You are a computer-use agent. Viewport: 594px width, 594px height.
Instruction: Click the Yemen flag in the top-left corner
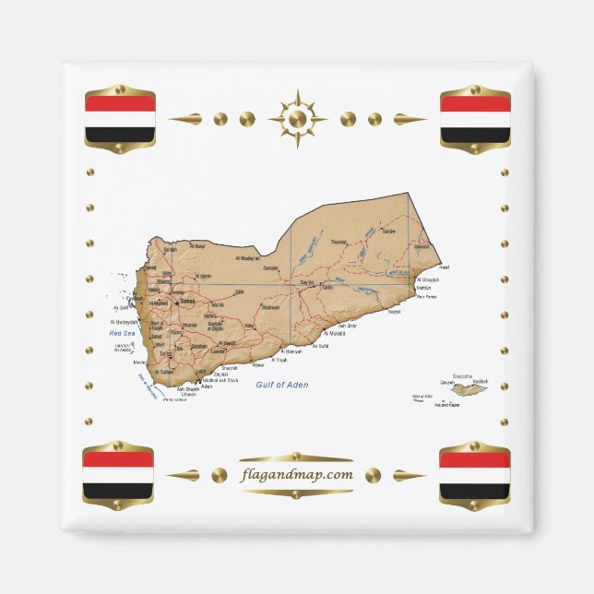[120, 119]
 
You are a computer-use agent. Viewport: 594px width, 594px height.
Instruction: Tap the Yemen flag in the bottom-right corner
[474, 475]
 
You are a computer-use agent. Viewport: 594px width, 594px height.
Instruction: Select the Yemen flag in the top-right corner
[474, 119]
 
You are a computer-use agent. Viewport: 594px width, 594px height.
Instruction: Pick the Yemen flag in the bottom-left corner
[118, 475]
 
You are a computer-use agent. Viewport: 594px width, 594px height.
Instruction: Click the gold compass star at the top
[297, 119]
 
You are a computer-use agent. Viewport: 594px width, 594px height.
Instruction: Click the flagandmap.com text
[296, 475]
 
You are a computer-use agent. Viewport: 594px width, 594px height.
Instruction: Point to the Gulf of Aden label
[282, 385]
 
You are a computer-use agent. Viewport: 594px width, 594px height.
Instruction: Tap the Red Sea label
[122, 333]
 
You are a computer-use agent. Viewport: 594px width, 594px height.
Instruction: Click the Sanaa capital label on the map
[186, 301]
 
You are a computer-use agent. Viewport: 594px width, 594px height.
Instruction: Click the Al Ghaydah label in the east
[428, 279]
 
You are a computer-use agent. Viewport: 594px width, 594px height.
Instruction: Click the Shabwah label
[270, 307]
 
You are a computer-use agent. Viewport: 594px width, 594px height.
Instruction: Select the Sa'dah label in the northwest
[170, 249]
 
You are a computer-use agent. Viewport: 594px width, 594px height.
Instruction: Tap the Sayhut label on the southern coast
[394, 312]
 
